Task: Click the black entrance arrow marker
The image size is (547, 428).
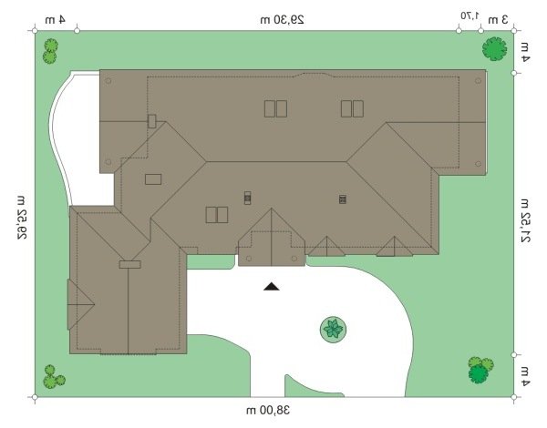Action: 272,287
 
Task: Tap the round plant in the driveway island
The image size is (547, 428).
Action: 333,330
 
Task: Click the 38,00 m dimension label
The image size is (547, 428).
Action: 268,411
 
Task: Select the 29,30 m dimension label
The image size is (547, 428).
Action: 283,19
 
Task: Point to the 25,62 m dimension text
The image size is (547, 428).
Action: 21,218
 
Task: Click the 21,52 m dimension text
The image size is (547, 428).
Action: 525,220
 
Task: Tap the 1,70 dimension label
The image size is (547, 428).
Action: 470,15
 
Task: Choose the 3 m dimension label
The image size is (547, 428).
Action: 498,20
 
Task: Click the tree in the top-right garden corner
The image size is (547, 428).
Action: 494,49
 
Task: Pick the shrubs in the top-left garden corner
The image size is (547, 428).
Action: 50,51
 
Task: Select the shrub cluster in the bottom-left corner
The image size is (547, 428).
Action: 54,377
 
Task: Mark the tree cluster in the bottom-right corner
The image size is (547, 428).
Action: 480,370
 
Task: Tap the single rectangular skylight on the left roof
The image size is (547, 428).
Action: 153,179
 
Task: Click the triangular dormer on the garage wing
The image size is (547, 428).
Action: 80,304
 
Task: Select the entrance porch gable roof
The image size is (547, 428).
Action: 271,238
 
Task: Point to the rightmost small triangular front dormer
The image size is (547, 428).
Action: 394,247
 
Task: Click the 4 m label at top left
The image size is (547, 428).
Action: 55,19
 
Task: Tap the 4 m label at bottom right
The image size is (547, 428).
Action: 525,377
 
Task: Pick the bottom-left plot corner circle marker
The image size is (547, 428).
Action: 35,397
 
